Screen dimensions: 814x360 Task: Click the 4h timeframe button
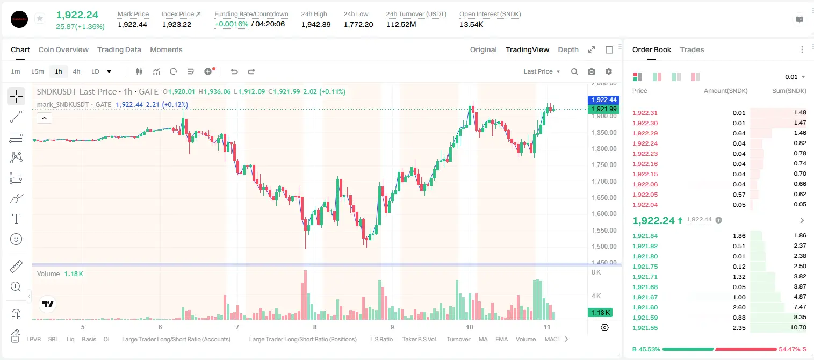click(76, 71)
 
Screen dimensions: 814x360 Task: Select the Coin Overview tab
click(63, 49)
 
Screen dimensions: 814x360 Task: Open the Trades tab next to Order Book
click(691, 49)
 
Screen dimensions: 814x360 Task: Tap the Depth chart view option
click(568, 49)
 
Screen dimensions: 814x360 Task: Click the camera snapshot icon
click(591, 71)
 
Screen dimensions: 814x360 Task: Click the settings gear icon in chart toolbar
click(609, 71)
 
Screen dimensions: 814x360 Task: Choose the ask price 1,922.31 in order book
click(645, 113)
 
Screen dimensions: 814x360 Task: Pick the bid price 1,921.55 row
click(645, 328)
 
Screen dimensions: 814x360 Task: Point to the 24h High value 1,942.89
click(316, 24)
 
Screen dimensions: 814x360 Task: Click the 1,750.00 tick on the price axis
click(604, 164)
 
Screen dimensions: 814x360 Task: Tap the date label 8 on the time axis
click(315, 327)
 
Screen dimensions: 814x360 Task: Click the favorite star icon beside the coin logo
click(40, 18)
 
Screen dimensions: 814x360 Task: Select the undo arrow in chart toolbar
click(234, 71)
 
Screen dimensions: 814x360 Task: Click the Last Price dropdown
click(542, 71)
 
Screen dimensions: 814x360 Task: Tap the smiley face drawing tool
click(16, 239)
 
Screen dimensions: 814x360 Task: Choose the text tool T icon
click(16, 219)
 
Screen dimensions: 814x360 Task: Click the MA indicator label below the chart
click(483, 339)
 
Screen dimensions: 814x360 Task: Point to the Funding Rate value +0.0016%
click(232, 24)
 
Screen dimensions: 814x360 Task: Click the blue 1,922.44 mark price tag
click(603, 100)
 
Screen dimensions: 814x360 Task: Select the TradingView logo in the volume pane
click(48, 304)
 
